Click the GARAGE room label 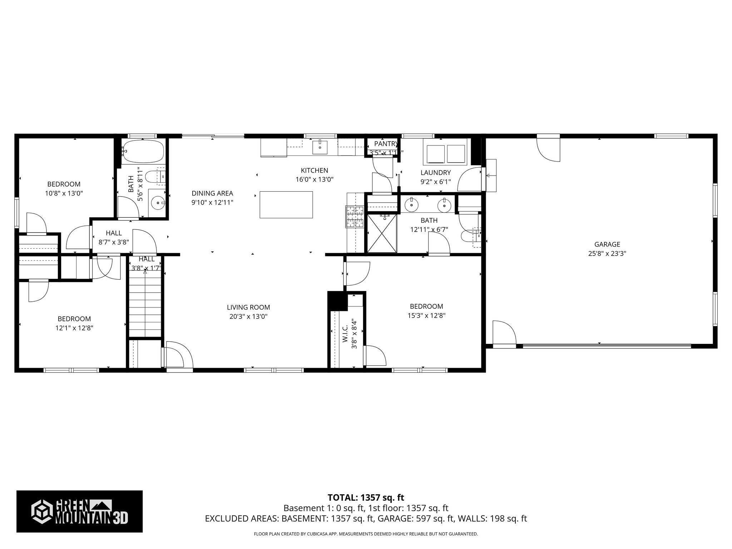[x=607, y=244]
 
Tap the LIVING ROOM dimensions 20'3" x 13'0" [x=248, y=316]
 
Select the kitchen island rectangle [x=286, y=204]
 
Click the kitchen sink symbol [x=320, y=146]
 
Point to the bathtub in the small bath [x=143, y=152]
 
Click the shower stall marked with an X [x=382, y=233]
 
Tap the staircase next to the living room [x=145, y=304]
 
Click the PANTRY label [x=385, y=144]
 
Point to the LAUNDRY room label [x=435, y=173]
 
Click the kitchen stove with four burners [x=355, y=217]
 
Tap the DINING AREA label [x=212, y=193]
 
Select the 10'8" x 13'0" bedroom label [x=64, y=193]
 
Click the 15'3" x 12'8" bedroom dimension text [x=426, y=316]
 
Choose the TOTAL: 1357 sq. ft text [x=366, y=498]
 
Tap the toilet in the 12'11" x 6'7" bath [x=468, y=237]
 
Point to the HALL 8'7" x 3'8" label [x=114, y=237]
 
